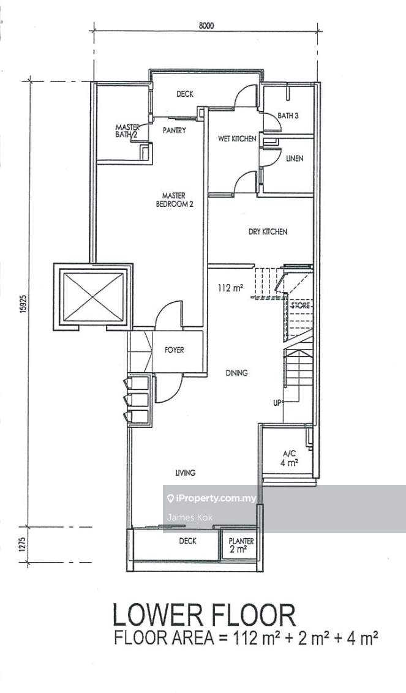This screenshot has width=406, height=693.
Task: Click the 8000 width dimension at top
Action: coord(206,26)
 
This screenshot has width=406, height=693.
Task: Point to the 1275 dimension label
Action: coord(23,545)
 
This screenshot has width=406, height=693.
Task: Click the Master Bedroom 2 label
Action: coord(174,200)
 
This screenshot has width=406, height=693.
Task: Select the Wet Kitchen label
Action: coord(237,139)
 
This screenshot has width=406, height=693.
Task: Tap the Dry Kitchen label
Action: coord(268,232)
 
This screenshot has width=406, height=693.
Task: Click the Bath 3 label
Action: coord(287,116)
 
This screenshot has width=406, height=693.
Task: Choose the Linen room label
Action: coord(294,159)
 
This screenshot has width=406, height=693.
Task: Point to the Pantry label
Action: coord(174,130)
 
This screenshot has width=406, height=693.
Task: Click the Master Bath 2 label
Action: coord(128,131)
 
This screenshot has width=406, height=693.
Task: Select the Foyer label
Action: coord(174,351)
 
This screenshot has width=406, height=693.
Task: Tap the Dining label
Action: coord(236,373)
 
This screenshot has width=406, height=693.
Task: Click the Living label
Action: coord(185,473)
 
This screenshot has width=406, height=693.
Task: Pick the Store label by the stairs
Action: coord(300,305)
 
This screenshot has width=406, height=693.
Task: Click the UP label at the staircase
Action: coord(277,403)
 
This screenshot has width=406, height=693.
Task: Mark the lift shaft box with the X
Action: coord(93,296)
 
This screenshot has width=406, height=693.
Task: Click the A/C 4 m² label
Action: coord(290,459)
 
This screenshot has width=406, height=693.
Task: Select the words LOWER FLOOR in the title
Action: coord(204,614)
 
